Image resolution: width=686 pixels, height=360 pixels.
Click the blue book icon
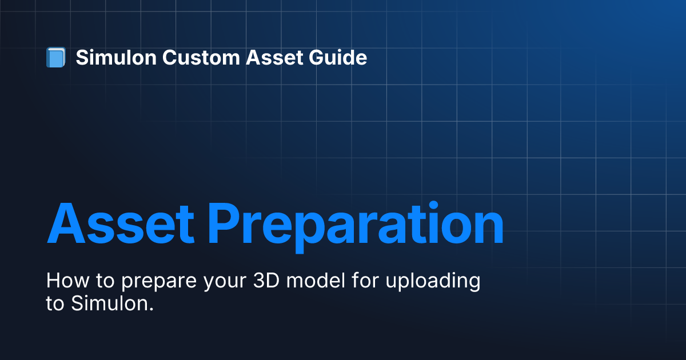[56, 57]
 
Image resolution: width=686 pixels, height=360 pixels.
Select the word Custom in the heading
[201, 57]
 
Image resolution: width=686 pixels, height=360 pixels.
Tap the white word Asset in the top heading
[274, 57]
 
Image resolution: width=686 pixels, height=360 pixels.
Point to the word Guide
[338, 57]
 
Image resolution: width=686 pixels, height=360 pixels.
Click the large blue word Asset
[121, 223]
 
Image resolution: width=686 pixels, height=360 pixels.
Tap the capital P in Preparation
[224, 223]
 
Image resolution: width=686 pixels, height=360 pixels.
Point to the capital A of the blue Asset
[66, 223]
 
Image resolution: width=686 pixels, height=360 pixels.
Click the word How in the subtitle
[67, 281]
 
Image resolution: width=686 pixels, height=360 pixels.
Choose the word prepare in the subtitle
[159, 282]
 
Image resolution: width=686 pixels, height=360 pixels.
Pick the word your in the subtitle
[225, 282]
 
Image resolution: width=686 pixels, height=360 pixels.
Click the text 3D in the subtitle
[266, 281]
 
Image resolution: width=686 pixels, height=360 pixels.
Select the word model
[316, 280]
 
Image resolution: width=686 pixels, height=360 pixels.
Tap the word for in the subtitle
[365, 280]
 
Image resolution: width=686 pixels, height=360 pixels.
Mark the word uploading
[433, 281]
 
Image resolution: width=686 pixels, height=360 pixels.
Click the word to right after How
[105, 281]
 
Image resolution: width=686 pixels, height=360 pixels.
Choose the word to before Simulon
[55, 303]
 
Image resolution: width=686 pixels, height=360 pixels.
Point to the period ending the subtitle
[151, 310]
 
